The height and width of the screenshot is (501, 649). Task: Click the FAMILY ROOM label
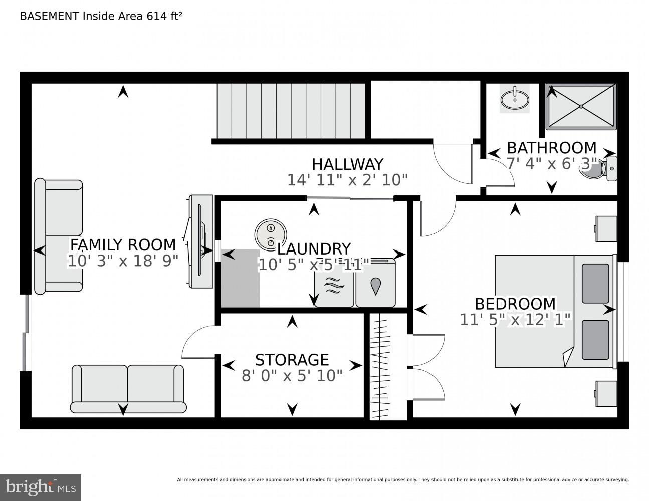[x=123, y=244]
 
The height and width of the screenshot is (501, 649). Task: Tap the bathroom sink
[x=514, y=98]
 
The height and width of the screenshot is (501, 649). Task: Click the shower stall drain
[x=581, y=106]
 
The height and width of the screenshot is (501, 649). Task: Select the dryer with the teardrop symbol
[x=375, y=286]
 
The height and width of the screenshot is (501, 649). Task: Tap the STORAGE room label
[x=292, y=360]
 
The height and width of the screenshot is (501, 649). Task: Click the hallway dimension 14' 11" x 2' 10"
[x=347, y=180]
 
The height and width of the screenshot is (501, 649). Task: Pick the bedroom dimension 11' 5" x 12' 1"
[x=515, y=320]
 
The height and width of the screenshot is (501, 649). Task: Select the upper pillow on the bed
[x=595, y=283]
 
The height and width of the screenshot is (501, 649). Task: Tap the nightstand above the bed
[x=605, y=229]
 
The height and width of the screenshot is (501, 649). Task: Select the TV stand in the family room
[x=200, y=241]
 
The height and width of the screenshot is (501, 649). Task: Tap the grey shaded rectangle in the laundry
[x=240, y=279]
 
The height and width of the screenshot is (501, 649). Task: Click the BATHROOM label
[x=551, y=148]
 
